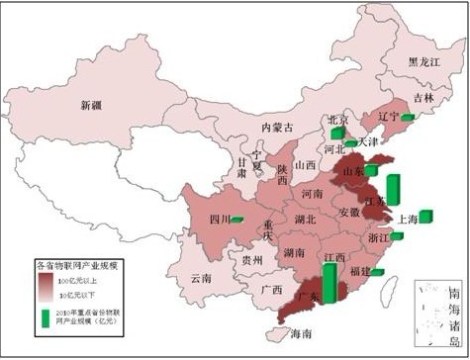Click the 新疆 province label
click(x=91, y=104)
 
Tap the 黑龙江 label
click(x=426, y=61)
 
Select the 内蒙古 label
click(x=278, y=127)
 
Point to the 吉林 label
click(x=423, y=98)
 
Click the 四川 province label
click(x=220, y=220)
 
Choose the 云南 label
click(x=202, y=279)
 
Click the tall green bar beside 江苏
click(x=392, y=189)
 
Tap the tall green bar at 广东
click(x=329, y=282)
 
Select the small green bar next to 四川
click(x=236, y=219)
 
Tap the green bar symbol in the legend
click(x=47, y=318)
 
